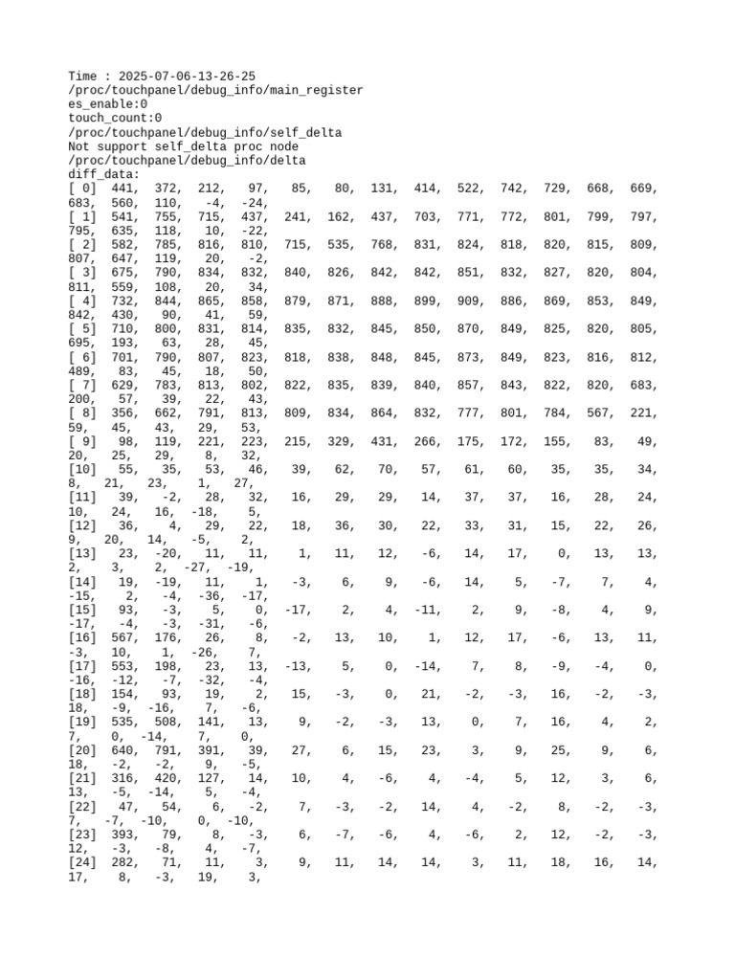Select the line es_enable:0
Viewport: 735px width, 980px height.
[108, 104]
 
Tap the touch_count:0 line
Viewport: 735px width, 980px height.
[116, 119]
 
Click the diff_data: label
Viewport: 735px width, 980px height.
[104, 175]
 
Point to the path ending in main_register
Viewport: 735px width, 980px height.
[215, 90]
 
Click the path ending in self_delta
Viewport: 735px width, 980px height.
[206, 132]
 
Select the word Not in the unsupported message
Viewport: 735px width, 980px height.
[80, 146]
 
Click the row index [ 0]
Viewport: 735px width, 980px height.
[82, 189]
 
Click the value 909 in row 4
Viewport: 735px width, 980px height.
[472, 301]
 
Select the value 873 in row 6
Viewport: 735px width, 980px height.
[472, 358]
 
